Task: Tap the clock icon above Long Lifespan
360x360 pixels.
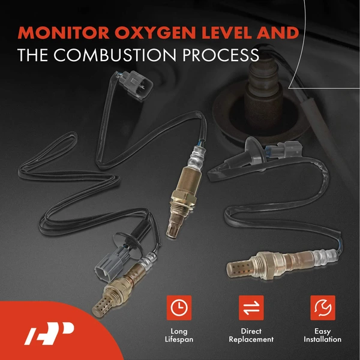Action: pos(178,307)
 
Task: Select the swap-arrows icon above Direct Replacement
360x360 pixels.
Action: pos(251,307)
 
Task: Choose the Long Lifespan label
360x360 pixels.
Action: pos(178,335)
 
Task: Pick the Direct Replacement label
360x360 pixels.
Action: pos(251,335)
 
